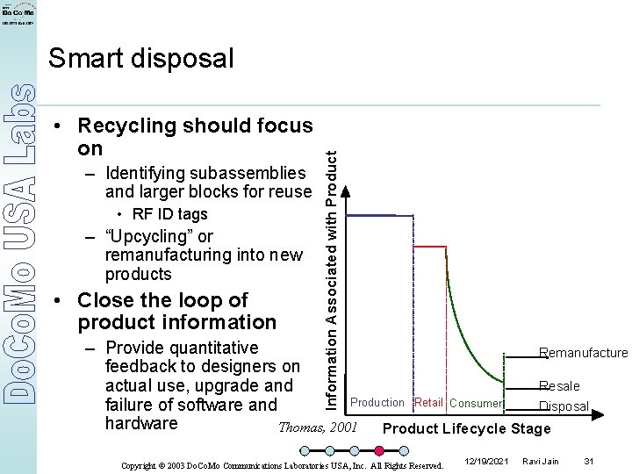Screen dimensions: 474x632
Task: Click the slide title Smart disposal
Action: click(x=141, y=59)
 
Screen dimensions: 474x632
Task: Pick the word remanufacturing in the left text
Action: click(x=165, y=255)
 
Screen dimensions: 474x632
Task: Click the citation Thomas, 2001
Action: click(x=317, y=427)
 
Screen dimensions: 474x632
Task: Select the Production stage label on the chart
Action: click(x=377, y=403)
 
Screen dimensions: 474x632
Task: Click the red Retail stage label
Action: click(x=428, y=403)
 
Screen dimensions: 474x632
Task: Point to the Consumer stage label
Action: click(x=476, y=404)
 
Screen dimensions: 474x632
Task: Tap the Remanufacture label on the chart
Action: click(x=584, y=353)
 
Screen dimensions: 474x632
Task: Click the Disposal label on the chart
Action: click(x=564, y=406)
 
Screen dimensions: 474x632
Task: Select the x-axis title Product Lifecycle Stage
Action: click(x=467, y=428)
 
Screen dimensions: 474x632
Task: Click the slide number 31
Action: click(x=589, y=461)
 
